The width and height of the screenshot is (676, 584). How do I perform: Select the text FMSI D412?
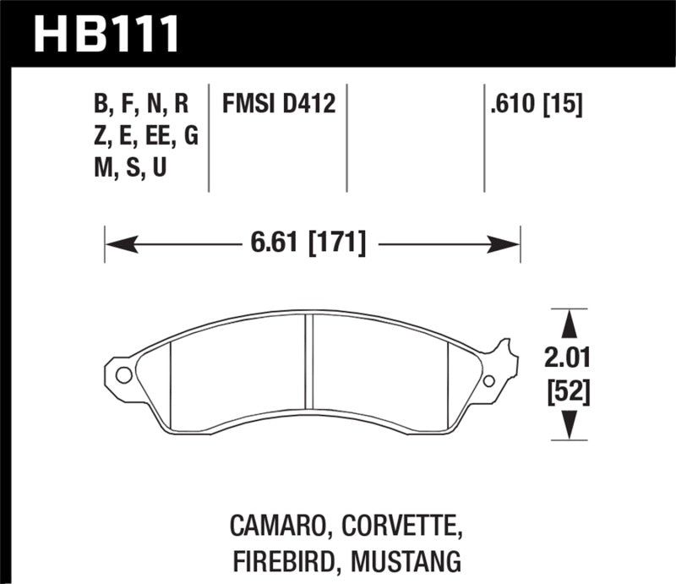(279, 106)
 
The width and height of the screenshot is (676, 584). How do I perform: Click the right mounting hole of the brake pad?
(489, 381)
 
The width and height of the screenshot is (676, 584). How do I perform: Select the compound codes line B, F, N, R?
(141, 106)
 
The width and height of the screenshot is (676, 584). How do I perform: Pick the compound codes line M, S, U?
(130, 168)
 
